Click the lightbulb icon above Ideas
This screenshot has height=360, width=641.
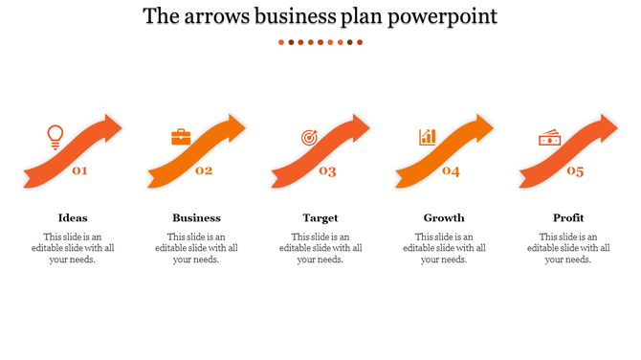(55, 137)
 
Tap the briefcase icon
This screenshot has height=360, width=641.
(181, 137)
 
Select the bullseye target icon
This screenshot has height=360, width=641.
(308, 138)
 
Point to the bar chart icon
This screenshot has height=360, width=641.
(427, 137)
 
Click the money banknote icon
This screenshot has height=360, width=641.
(549, 138)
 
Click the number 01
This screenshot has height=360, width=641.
(80, 171)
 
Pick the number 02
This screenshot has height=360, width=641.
(204, 171)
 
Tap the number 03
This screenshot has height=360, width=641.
(327, 171)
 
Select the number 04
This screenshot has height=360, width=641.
(451, 171)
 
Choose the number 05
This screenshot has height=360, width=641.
(575, 171)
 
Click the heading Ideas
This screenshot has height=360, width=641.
(73, 217)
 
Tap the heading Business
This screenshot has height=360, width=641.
(196, 217)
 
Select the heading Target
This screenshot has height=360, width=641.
(320, 217)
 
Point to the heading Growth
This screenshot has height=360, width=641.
(444, 217)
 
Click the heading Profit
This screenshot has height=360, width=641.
(568, 217)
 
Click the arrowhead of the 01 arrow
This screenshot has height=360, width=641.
(112, 126)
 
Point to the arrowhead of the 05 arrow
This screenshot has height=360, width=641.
(608, 126)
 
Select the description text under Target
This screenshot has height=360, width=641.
(320, 248)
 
